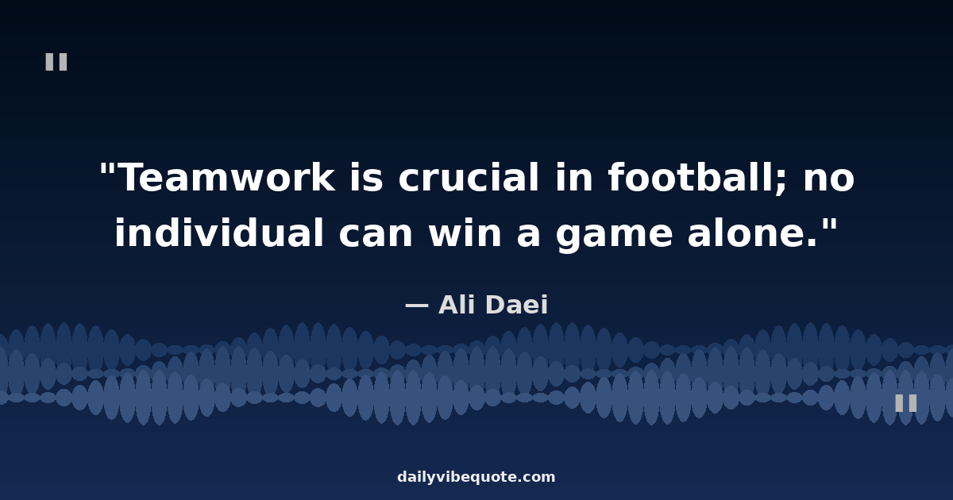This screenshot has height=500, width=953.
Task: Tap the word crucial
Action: [x=469, y=177]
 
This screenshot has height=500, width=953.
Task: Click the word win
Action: [x=465, y=233]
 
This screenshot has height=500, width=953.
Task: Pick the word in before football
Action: [x=574, y=178]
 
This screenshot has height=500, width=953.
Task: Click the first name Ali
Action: [x=457, y=305]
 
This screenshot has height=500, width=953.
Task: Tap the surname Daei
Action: [x=516, y=305]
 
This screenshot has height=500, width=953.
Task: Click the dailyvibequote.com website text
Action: [x=476, y=477]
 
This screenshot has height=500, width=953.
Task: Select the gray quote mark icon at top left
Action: [x=56, y=62]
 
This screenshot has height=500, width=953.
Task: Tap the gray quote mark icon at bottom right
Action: [x=906, y=402]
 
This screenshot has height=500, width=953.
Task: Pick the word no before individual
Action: [x=829, y=180]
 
